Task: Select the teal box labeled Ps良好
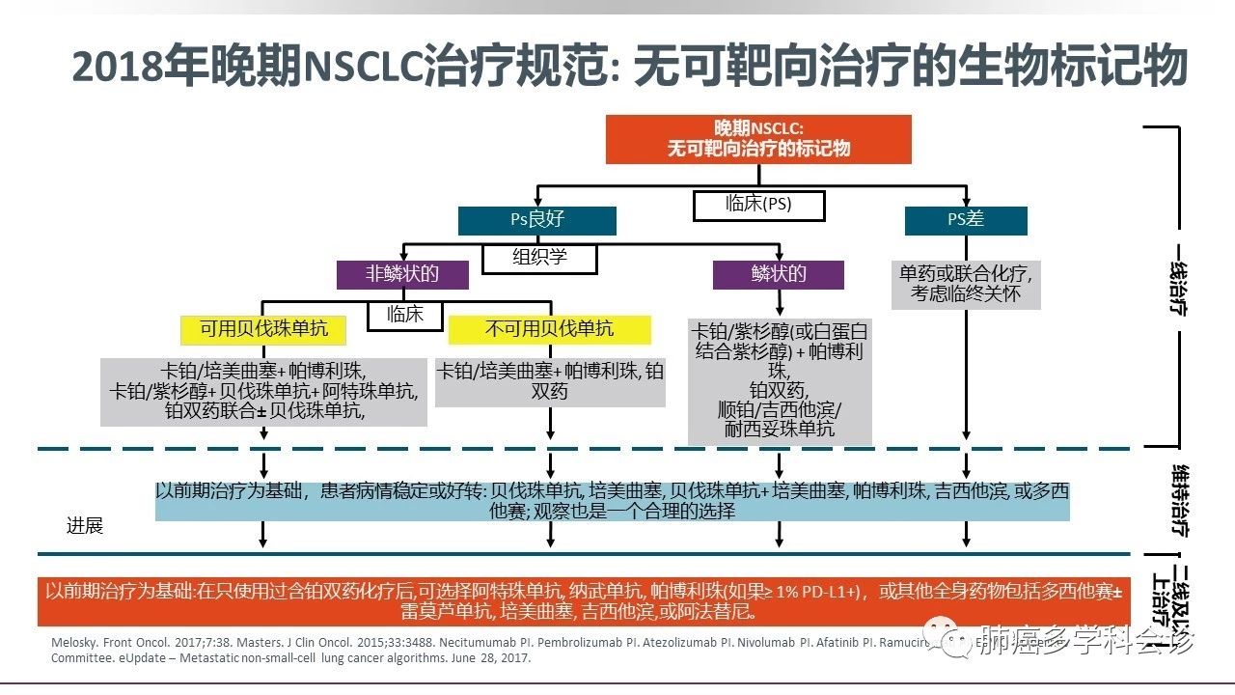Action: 536,220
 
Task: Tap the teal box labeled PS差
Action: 965,220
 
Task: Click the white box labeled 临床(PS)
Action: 758,205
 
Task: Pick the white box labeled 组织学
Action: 540,258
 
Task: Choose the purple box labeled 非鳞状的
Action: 402,274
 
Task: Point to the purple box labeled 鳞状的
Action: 778,274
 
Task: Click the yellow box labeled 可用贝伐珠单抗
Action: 263,329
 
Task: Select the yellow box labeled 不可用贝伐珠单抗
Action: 549,329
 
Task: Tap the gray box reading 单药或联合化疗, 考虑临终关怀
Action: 965,284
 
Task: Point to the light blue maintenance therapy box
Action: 612,501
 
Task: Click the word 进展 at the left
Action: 84,526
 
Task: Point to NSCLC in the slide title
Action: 362,68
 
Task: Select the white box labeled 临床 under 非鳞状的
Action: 405,315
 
